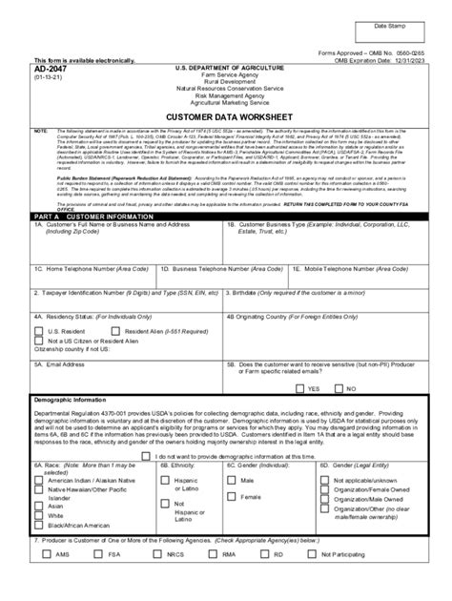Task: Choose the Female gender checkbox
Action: (234, 497)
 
